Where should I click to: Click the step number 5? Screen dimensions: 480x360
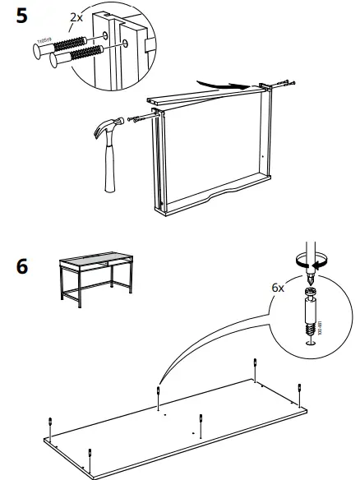click(24, 16)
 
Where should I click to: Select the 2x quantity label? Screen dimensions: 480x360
click(76, 16)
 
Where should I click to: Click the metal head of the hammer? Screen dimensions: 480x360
click(110, 129)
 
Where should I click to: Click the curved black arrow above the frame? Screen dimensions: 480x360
click(224, 83)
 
